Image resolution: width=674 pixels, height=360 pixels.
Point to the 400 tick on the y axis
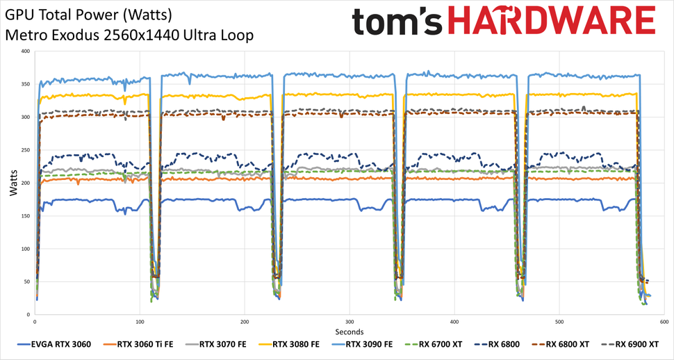[25, 51]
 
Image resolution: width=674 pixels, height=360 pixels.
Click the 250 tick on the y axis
[25, 150]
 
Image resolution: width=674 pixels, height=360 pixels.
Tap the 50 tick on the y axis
[27, 281]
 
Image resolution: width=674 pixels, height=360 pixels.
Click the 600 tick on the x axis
[664, 322]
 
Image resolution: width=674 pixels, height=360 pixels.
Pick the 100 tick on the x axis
[140, 322]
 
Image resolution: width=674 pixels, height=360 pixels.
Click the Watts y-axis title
[13, 183]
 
